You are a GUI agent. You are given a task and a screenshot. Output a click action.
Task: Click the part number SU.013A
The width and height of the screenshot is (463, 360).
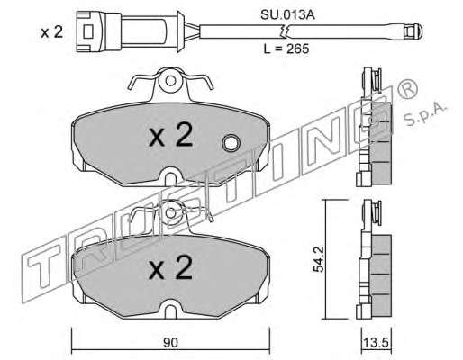point(287,15)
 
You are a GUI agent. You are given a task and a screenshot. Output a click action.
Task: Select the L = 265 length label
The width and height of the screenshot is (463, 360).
point(286,49)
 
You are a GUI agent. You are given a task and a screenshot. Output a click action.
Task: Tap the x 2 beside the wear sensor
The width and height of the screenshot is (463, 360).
point(52,32)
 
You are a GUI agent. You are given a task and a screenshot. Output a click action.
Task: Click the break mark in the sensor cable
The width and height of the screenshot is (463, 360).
point(284,31)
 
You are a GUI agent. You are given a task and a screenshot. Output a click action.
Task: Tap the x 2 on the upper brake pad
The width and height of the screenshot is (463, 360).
point(170,136)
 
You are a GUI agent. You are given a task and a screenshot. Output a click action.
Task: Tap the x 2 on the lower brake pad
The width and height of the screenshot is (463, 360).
point(170,268)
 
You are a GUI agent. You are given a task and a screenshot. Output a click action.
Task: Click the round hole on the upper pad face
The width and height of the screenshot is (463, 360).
point(231,143)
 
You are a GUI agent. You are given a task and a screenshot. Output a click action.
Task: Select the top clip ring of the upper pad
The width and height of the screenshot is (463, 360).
point(170,81)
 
